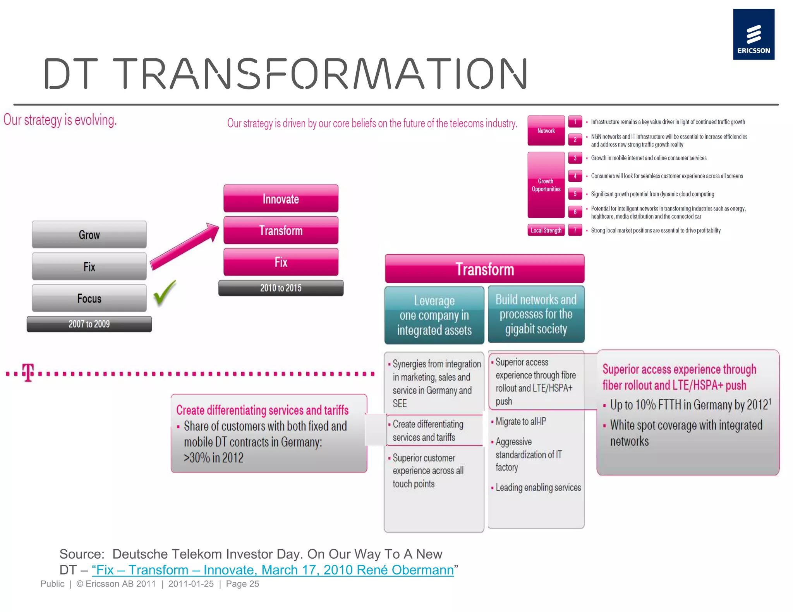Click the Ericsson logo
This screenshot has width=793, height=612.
click(753, 34)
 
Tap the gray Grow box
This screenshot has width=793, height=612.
click(89, 235)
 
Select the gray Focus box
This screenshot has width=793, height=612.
click(89, 298)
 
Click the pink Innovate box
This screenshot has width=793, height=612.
click(281, 199)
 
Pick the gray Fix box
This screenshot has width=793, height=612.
click(89, 267)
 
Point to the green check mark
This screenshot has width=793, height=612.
click(165, 293)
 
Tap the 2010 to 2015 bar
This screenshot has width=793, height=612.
click(281, 288)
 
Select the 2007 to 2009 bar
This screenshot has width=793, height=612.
click(89, 324)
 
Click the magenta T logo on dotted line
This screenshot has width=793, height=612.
click(28, 373)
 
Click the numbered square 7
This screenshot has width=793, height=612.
click(575, 231)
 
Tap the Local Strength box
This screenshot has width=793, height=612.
click(546, 231)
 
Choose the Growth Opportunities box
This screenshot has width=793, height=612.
click(546, 185)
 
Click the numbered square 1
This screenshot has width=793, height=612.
click(575, 122)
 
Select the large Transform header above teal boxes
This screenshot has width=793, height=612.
click(484, 269)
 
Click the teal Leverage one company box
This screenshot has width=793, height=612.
click(434, 315)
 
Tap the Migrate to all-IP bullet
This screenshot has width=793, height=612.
click(520, 421)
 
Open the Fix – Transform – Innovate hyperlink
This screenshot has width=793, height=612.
click(273, 570)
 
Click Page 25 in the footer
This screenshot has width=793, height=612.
click(242, 584)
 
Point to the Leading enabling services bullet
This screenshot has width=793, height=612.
click(538, 487)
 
